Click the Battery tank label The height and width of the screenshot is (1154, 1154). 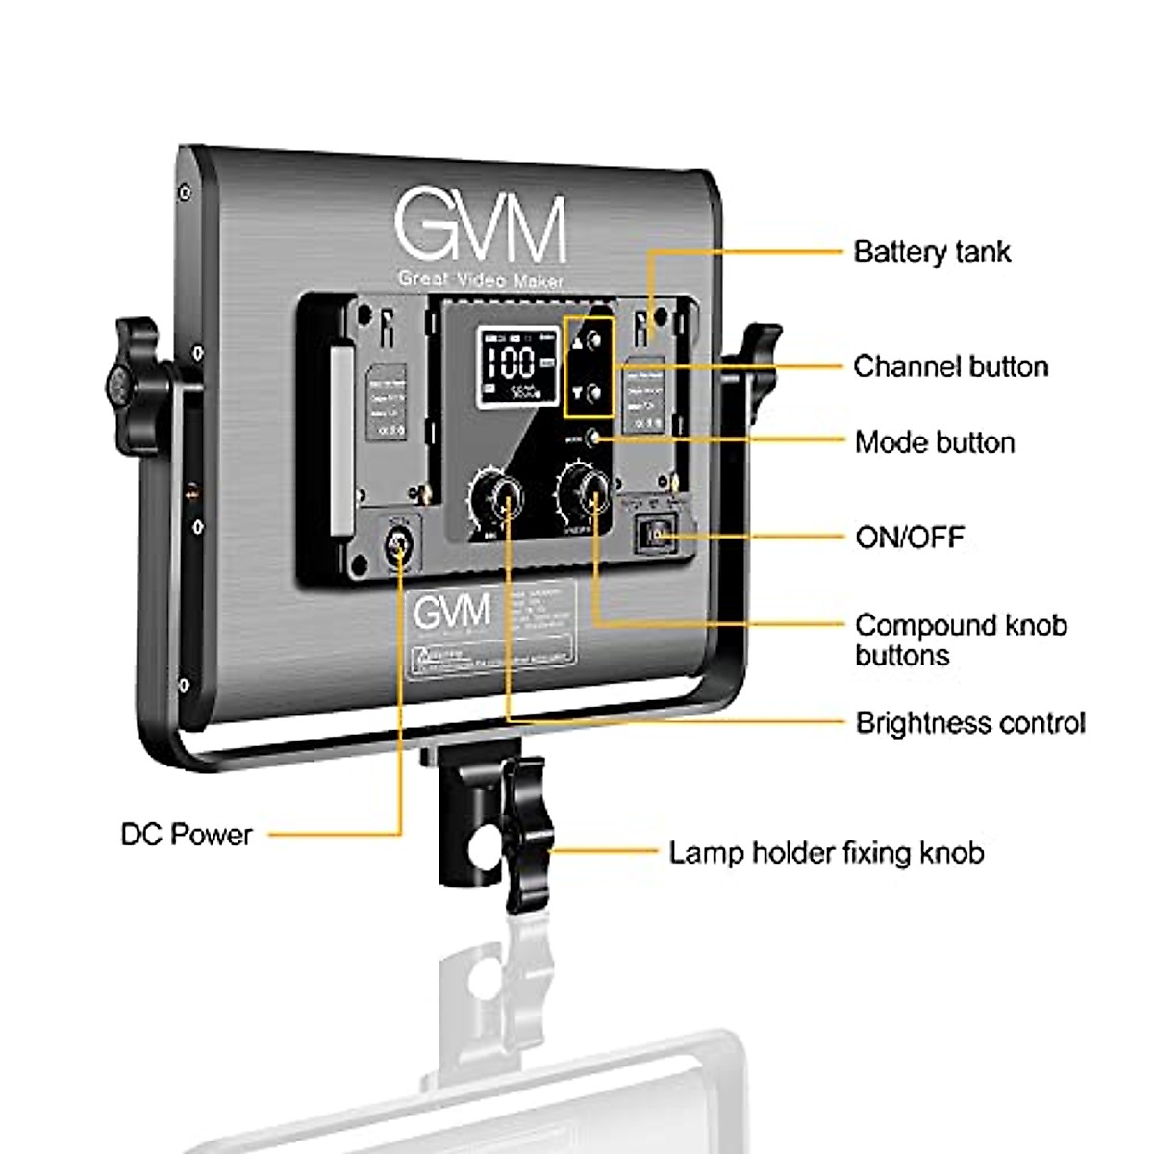coord(931,252)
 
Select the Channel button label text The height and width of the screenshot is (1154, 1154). coord(950,366)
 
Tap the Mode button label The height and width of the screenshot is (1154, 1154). coord(935,442)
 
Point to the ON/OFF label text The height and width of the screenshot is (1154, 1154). coord(909,537)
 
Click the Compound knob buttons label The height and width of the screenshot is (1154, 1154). coord(960,640)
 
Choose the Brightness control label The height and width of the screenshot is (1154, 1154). coord(969,722)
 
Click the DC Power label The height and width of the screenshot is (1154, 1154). coord(187,834)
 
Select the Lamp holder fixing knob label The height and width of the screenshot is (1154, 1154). coord(826,852)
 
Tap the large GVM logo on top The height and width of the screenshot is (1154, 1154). coord(480,228)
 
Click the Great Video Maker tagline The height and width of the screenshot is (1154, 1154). coord(480,280)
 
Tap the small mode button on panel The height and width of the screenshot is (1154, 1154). coord(593,438)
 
